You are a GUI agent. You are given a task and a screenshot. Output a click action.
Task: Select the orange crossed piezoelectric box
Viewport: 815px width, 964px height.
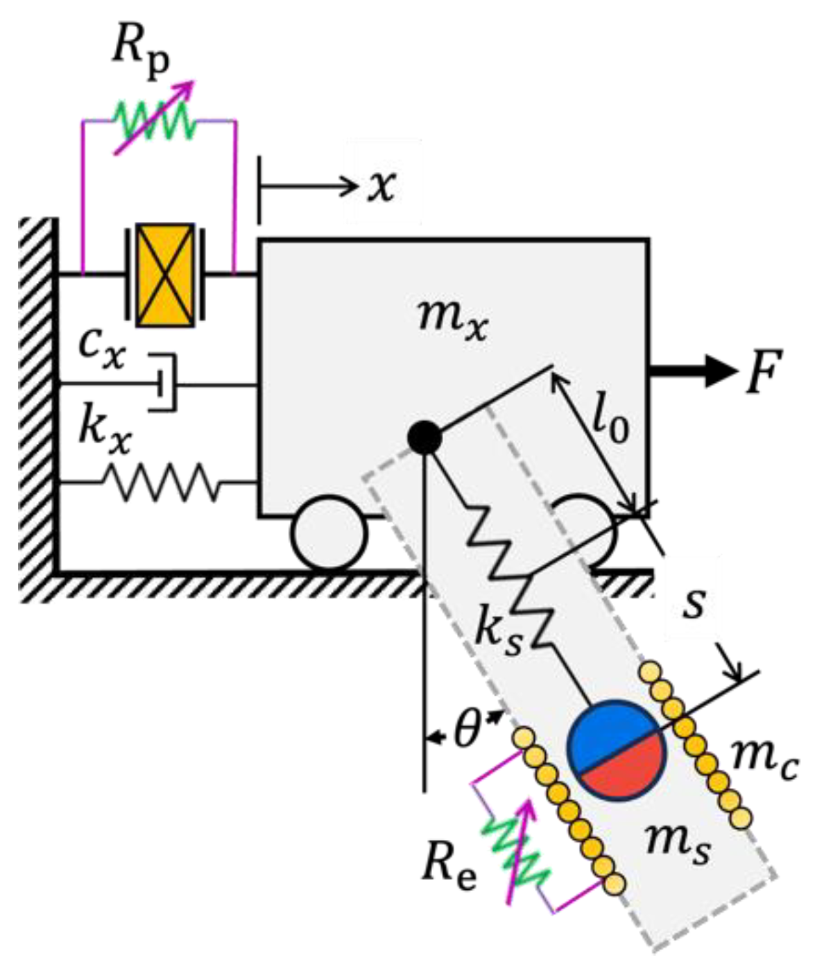click(165, 275)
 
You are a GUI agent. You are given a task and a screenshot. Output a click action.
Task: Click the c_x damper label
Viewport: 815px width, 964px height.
click(102, 346)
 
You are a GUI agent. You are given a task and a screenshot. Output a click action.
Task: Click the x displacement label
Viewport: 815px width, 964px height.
click(381, 185)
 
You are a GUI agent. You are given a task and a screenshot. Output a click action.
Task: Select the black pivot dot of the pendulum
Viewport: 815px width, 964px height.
click(424, 437)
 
